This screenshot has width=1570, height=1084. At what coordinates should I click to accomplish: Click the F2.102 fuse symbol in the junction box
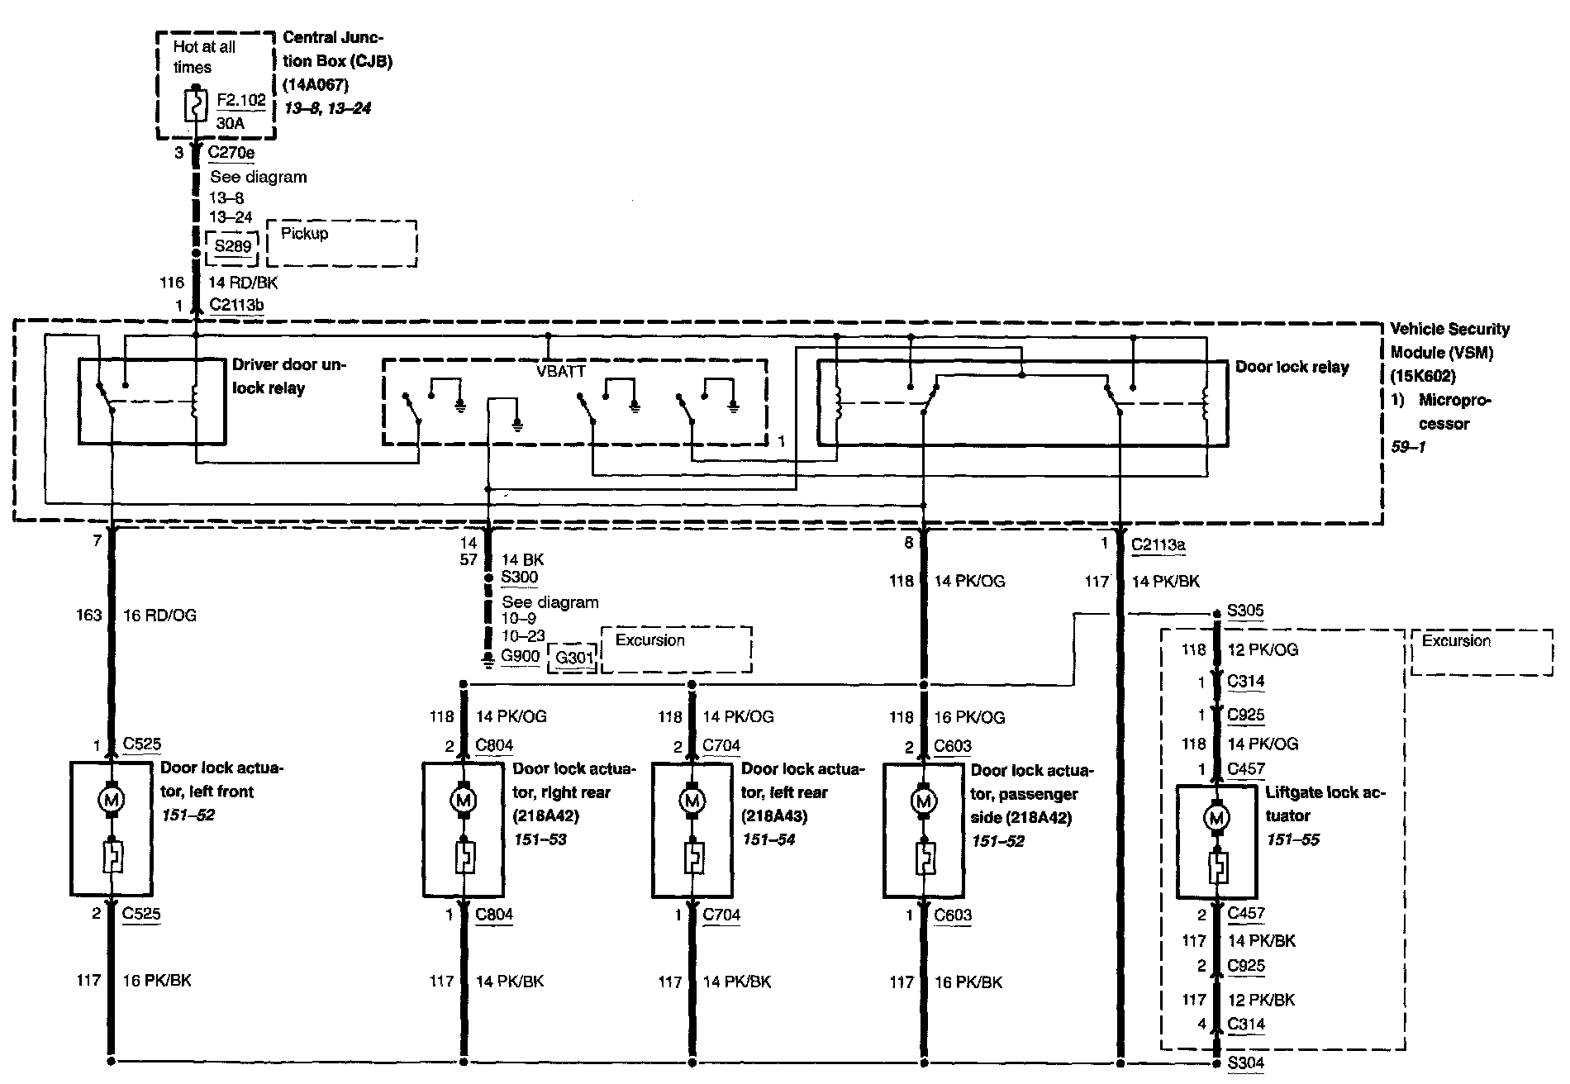coord(196,106)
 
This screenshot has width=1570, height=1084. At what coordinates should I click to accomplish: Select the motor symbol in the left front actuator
coord(111,799)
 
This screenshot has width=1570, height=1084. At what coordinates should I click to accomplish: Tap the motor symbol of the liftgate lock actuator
coord(1216,818)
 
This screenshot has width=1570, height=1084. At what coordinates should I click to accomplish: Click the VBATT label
coord(560,372)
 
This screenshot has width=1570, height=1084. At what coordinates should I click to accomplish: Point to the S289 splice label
coord(232,246)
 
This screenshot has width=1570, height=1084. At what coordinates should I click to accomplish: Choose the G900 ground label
coord(521,657)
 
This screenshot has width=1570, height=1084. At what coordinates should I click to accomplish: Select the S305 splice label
coord(1245,611)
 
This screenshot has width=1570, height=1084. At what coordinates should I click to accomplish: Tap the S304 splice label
coord(1245,1063)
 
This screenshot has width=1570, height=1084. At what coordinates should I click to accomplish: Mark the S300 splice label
coord(520,578)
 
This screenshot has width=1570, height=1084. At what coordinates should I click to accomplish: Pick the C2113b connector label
coord(236,305)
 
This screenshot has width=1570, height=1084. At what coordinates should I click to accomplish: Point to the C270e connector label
coord(231,152)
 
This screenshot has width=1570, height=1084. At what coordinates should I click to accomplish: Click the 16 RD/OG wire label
coord(159,616)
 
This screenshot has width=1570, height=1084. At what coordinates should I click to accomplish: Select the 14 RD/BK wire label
coord(243,283)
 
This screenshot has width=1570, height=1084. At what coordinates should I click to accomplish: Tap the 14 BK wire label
coord(523,560)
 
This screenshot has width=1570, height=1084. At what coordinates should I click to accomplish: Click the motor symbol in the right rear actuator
coord(463,800)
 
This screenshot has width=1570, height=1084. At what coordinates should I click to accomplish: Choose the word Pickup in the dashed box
coord(305,234)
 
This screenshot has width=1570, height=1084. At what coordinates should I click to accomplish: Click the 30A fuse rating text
coord(231,123)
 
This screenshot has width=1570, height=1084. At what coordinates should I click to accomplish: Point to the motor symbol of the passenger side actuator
coord(924,801)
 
